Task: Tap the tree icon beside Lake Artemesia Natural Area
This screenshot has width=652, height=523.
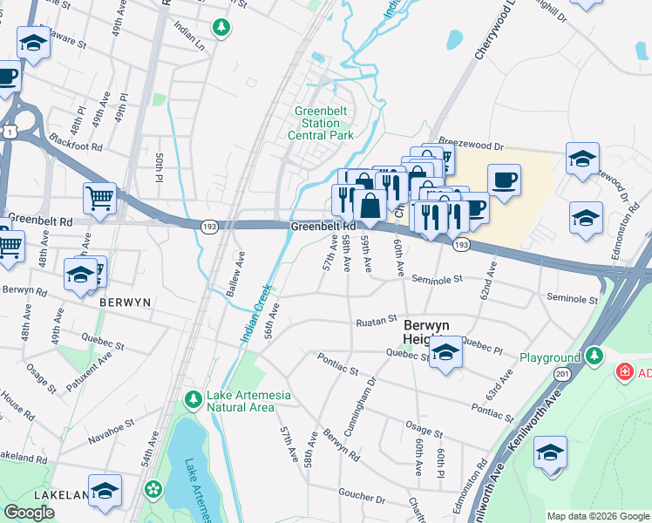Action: [194, 399]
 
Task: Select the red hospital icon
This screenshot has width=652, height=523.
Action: [624, 373]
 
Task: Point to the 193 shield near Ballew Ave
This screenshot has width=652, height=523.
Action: [209, 227]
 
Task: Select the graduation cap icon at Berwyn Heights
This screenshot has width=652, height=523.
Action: [445, 353]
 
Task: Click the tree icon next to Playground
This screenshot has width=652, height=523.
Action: [594, 356]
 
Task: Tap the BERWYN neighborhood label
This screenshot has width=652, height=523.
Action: [126, 302]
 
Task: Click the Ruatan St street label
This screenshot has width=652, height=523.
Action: [376, 322]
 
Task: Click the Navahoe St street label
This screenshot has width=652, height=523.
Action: [112, 425]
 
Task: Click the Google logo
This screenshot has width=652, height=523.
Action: [29, 513]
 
